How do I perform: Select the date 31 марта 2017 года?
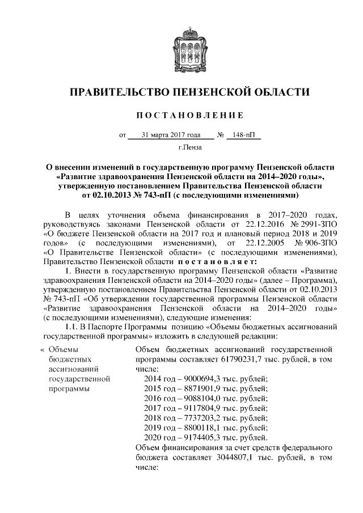tap(170, 135)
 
